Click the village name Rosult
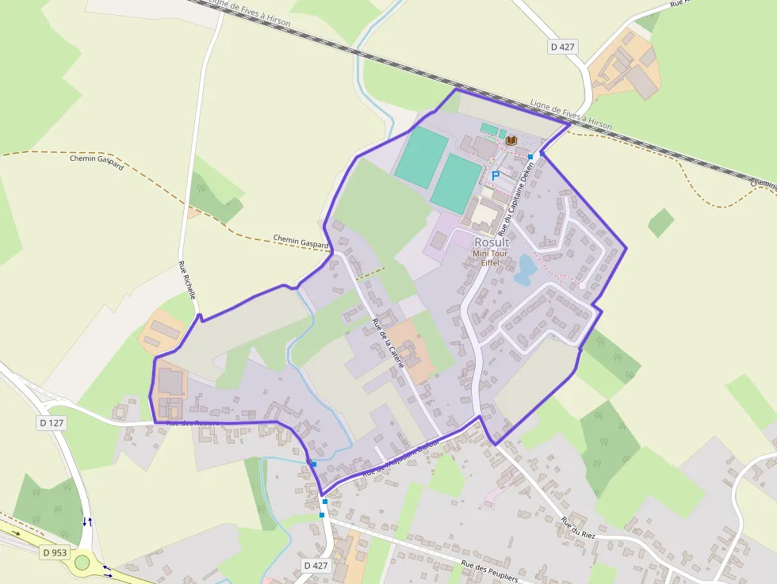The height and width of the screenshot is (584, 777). tap(492, 242)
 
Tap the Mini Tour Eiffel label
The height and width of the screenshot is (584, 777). tap(492, 258)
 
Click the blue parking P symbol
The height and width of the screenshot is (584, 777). tap(496, 175)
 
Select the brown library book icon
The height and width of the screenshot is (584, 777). tap(511, 140)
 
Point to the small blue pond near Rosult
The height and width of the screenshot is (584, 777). tap(524, 269)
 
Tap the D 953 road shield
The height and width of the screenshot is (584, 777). tap(54, 552)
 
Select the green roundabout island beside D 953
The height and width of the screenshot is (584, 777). tap(82, 563)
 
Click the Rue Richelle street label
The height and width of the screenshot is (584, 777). tap(187, 279)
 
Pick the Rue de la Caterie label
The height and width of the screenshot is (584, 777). tap(388, 342)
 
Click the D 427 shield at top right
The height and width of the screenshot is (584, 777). tap(562, 47)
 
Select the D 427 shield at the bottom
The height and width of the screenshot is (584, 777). tap(316, 565)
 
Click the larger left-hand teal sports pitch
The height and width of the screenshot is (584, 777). tap(421, 157)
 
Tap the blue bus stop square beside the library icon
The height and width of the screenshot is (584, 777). tap(530, 157)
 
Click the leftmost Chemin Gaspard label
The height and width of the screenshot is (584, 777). tap(97, 163)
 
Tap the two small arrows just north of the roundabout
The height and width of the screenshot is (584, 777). tap(87, 521)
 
